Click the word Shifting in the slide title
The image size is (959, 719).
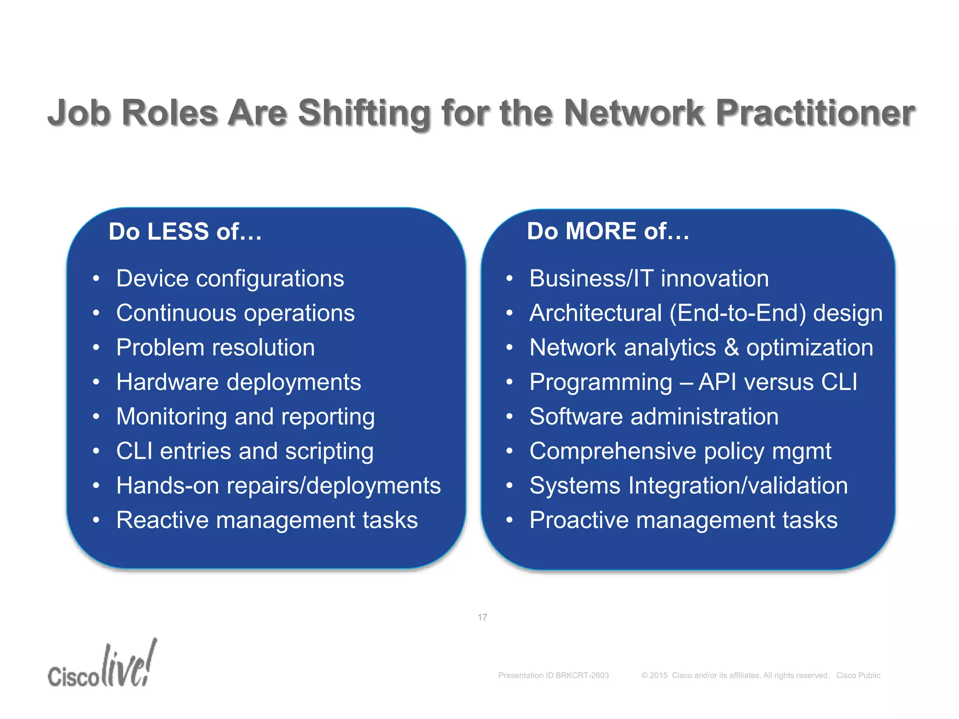pyautogui.click(x=364, y=113)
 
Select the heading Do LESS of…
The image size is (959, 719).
pyautogui.click(x=185, y=231)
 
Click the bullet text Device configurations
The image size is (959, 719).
pyautogui.click(x=230, y=279)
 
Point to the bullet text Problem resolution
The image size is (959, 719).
pyautogui.click(x=215, y=347)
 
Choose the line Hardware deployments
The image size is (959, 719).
pyautogui.click(x=238, y=382)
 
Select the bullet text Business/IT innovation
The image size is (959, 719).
pyautogui.click(x=649, y=279)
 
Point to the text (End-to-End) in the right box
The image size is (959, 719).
pyautogui.click(x=738, y=313)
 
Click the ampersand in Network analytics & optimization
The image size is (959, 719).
pyautogui.click(x=731, y=348)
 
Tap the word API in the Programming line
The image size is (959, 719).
pyautogui.click(x=718, y=382)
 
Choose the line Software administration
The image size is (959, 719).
pyautogui.click(x=654, y=417)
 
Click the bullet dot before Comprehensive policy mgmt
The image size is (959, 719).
pyautogui.click(x=509, y=452)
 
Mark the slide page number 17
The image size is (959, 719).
pyautogui.click(x=482, y=617)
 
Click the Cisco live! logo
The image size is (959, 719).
pyautogui.click(x=102, y=665)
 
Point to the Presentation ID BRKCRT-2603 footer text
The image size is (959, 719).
pyautogui.click(x=553, y=675)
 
